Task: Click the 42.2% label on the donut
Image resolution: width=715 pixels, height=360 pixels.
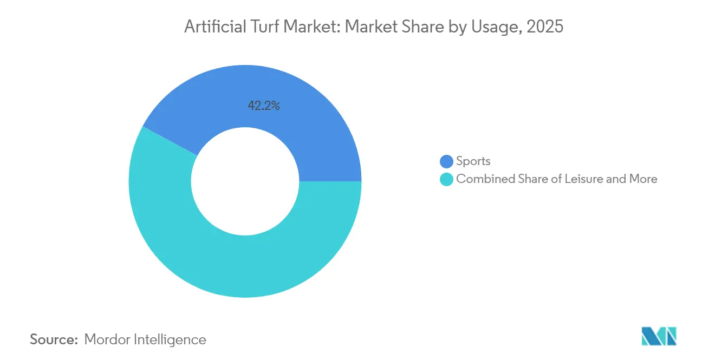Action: pyautogui.click(x=264, y=106)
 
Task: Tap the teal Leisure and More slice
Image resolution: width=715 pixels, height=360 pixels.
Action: pyautogui.click(x=244, y=265)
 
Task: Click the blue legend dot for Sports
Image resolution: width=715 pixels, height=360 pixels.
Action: pyautogui.click(x=446, y=161)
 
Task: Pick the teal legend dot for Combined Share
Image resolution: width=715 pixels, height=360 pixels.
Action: pyautogui.click(x=446, y=179)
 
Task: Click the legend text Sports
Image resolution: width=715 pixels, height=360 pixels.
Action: pyautogui.click(x=473, y=161)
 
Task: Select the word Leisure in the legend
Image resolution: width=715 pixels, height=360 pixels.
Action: pyautogui.click(x=583, y=179)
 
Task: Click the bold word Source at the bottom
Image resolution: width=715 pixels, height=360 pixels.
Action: pyautogui.click(x=54, y=340)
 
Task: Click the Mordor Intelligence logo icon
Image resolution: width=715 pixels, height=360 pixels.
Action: pyautogui.click(x=659, y=336)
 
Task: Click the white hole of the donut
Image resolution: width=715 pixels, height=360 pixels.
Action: pyautogui.click(x=245, y=181)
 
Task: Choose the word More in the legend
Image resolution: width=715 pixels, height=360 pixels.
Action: pyautogui.click(x=643, y=179)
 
